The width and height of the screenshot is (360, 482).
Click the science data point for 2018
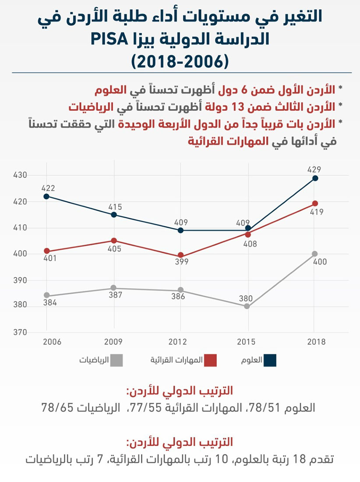315,178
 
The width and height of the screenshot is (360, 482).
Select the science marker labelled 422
47,196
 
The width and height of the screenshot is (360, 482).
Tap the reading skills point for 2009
114,241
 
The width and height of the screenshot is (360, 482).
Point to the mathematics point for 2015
247,306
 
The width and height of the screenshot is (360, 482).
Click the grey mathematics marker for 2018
314,254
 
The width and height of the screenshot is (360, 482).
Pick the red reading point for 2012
180,255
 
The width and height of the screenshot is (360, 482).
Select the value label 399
181,262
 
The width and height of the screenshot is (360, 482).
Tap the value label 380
247,298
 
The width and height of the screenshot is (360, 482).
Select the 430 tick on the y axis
20,175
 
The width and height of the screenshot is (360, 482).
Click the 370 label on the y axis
20,332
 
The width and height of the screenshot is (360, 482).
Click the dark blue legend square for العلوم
270,361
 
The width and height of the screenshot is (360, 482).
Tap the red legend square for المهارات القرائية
211,361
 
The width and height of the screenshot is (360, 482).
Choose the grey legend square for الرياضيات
116,361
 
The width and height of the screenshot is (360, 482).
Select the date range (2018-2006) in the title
180,61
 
